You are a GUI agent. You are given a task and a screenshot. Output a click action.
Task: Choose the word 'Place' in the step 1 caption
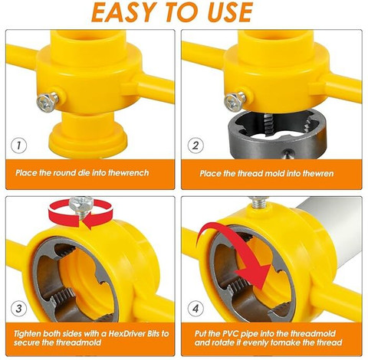tap(28, 173)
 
